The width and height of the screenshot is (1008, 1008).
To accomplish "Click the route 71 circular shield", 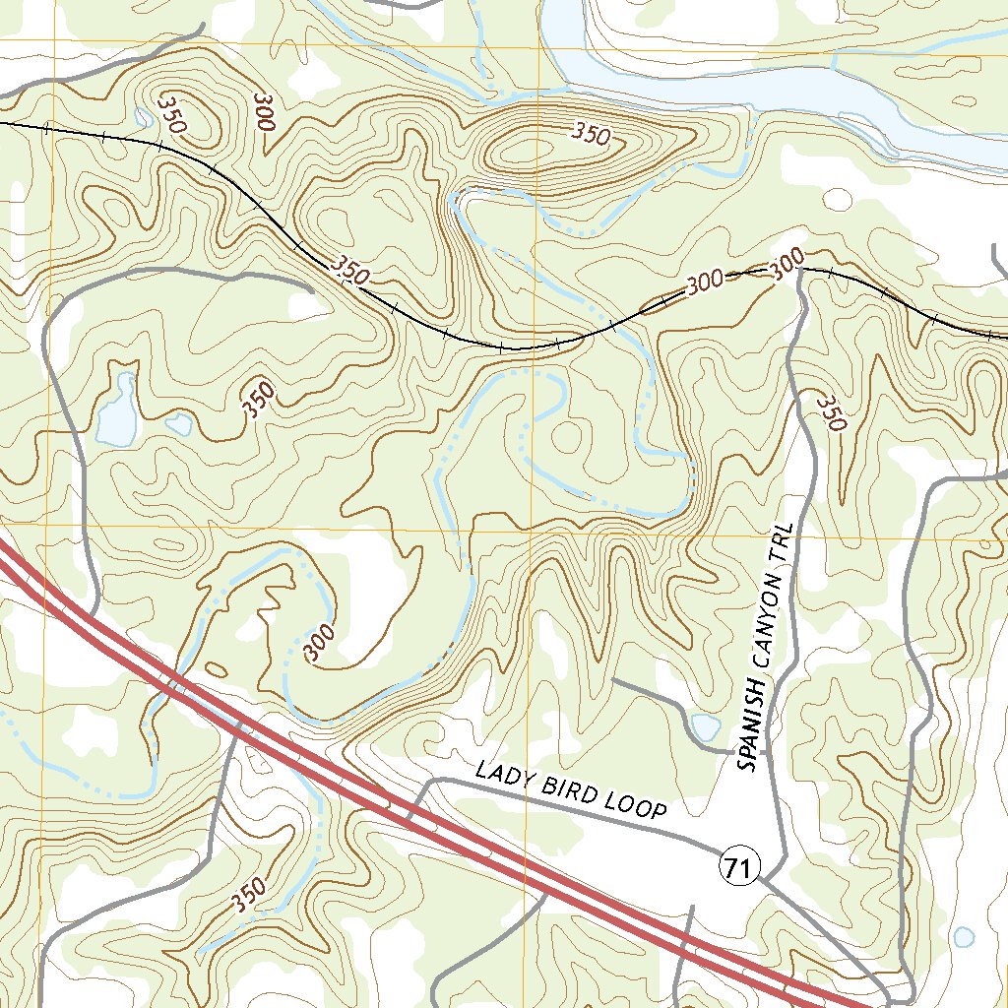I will click(x=739, y=867).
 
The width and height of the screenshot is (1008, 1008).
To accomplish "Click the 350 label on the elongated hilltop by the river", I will click(x=592, y=136).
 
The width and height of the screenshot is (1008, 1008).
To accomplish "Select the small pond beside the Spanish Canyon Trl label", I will click(x=705, y=726).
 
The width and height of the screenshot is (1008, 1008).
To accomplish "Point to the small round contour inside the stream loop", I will click(x=569, y=434).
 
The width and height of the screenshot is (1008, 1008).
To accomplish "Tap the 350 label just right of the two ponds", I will click(x=258, y=399).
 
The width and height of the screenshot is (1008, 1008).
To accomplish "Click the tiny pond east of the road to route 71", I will click(x=963, y=935).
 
